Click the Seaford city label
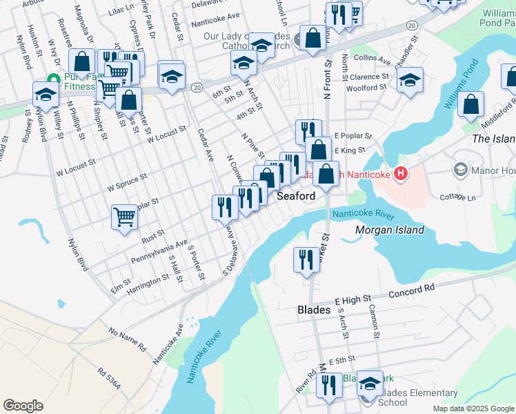296,196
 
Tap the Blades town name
313,310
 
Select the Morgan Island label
389,230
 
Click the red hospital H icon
399,174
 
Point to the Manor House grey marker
460,169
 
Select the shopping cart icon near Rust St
124,216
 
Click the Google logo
23,406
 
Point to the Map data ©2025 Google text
473,408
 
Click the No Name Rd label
128,337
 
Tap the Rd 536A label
108,378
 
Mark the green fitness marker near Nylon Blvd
52,81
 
